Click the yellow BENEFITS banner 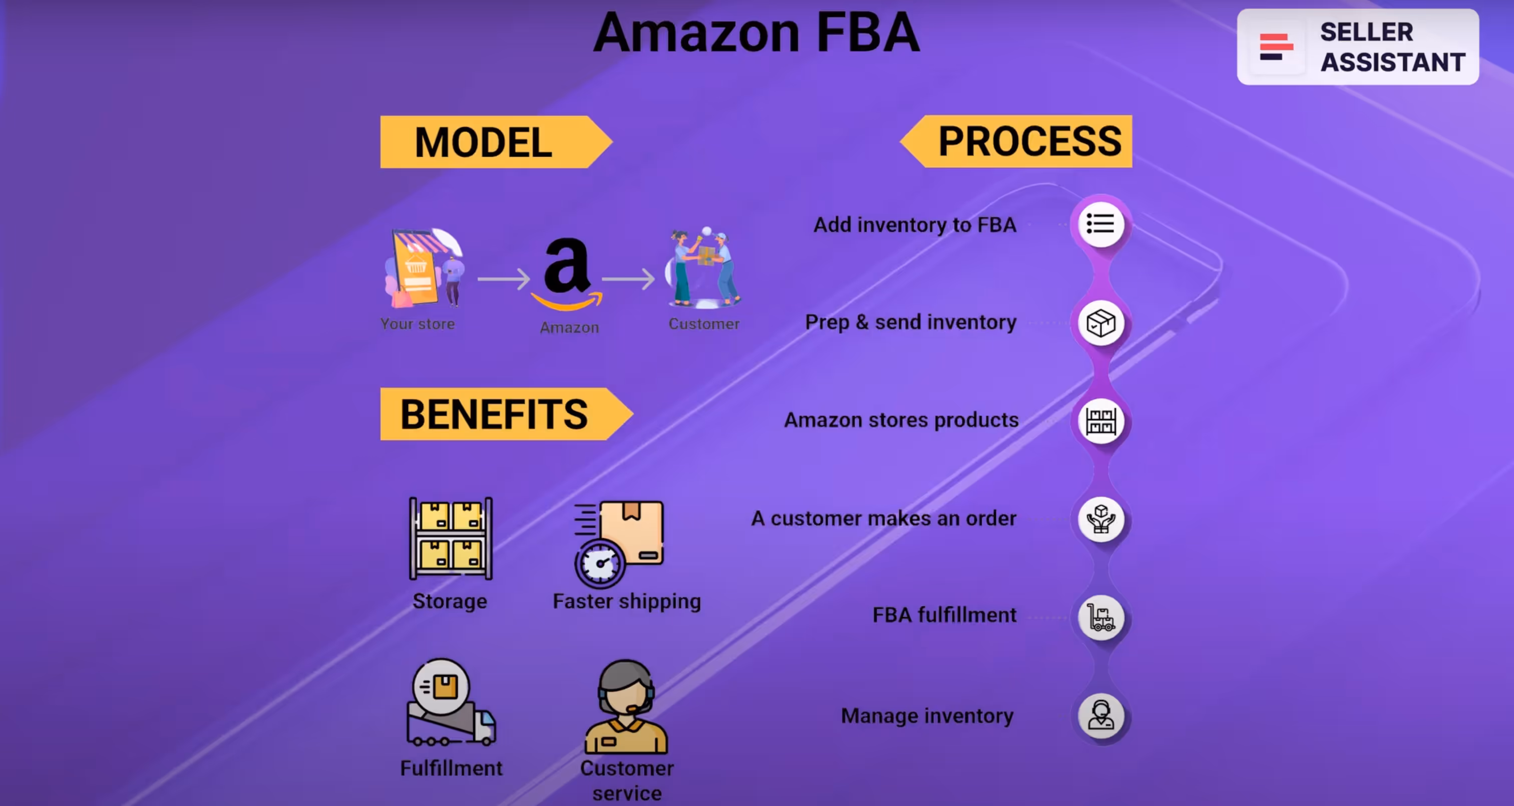pyautogui.click(x=500, y=414)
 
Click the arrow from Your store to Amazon pyautogui.click(x=503, y=279)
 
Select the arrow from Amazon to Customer pyautogui.click(x=628, y=279)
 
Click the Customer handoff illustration pyautogui.click(x=703, y=268)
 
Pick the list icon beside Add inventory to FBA pyautogui.click(x=1100, y=224)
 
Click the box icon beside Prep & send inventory pyautogui.click(x=1100, y=323)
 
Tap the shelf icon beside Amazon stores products pyautogui.click(x=1100, y=421)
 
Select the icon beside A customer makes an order pyautogui.click(x=1100, y=519)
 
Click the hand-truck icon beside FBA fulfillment pyautogui.click(x=1100, y=617)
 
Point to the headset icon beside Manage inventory pyautogui.click(x=1100, y=715)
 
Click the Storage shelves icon pyautogui.click(x=451, y=539)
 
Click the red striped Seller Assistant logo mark pyautogui.click(x=1275, y=47)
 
